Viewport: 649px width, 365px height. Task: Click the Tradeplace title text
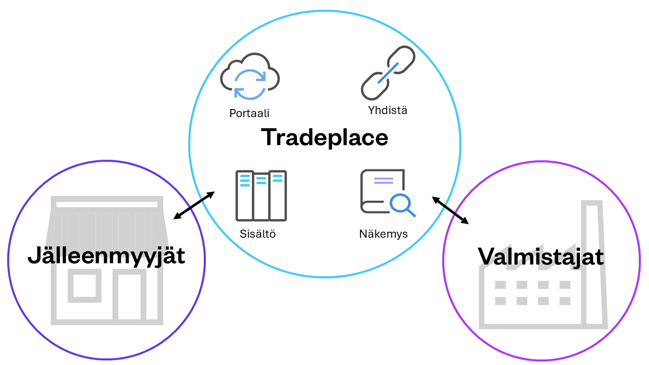click(x=324, y=137)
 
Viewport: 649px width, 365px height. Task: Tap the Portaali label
click(x=249, y=114)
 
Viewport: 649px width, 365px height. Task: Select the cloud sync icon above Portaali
click(x=250, y=76)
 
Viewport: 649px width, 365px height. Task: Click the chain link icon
click(x=388, y=73)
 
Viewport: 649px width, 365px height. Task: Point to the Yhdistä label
click(x=387, y=110)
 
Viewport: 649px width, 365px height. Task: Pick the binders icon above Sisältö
click(x=261, y=196)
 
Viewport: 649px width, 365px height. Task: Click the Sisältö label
click(x=258, y=234)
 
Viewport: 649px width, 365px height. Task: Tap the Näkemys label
click(x=383, y=234)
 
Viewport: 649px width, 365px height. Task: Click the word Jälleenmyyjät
click(x=106, y=255)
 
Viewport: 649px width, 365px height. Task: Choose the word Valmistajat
click(x=541, y=257)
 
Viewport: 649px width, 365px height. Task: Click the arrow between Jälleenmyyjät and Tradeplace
click(x=194, y=205)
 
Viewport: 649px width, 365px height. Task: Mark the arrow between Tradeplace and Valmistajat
click(x=450, y=210)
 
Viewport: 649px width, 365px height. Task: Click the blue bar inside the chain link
click(x=388, y=74)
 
